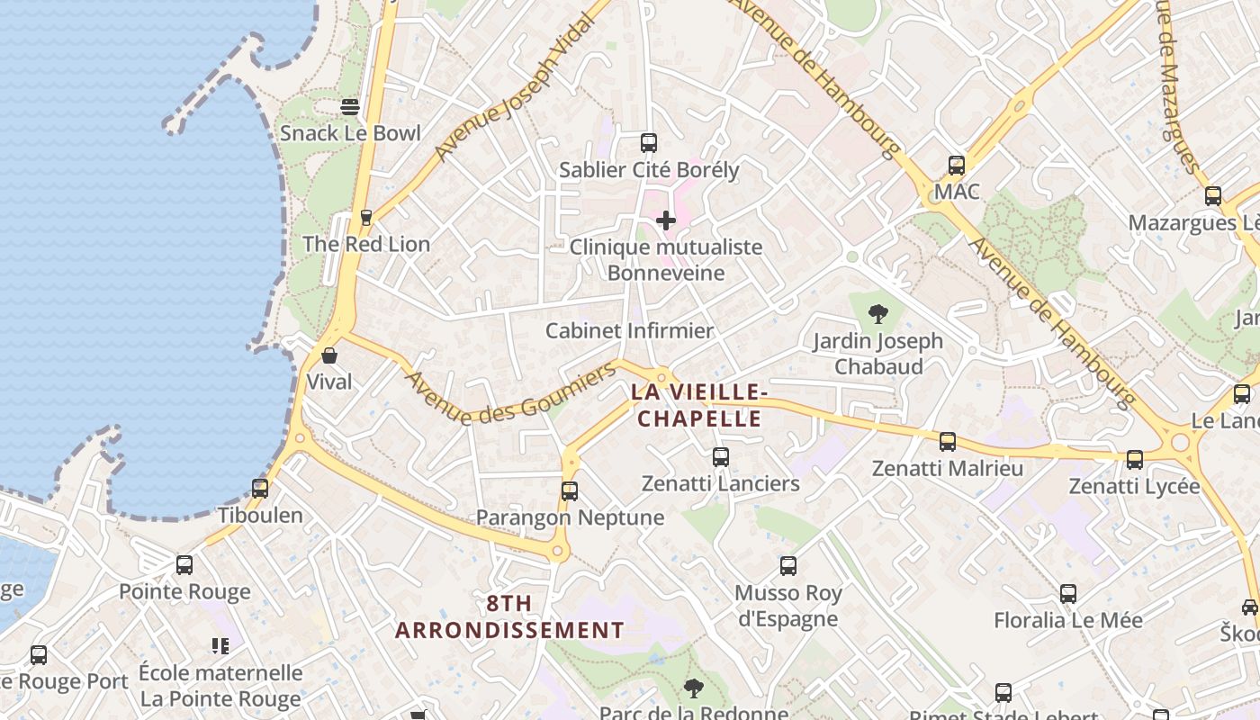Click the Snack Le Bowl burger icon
click(x=350, y=107)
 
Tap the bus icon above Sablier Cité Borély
click(x=648, y=142)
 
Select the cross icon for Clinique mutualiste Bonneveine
click(x=666, y=220)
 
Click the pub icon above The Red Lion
click(x=365, y=217)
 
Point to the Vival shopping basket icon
click(x=329, y=355)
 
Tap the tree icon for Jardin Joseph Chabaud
click(x=878, y=314)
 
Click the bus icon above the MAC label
click(x=956, y=166)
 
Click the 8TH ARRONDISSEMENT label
click(x=509, y=616)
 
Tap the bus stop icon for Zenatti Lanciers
click(x=720, y=457)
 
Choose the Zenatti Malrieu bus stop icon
click(x=947, y=441)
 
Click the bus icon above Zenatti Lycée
click(x=1134, y=460)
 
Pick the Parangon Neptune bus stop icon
click(x=569, y=490)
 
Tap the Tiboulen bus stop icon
click(x=260, y=489)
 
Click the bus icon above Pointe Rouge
click(x=184, y=565)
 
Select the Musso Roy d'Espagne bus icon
click(x=788, y=566)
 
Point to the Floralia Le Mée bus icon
click(x=1067, y=594)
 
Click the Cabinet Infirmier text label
click(x=629, y=330)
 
